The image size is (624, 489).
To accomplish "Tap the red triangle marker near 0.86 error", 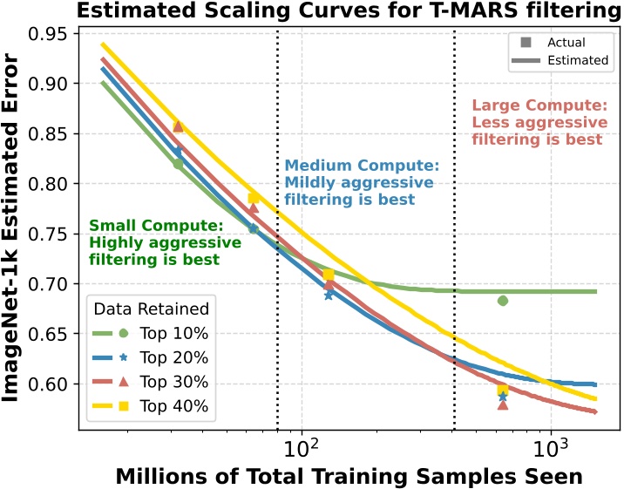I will click(178, 126).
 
